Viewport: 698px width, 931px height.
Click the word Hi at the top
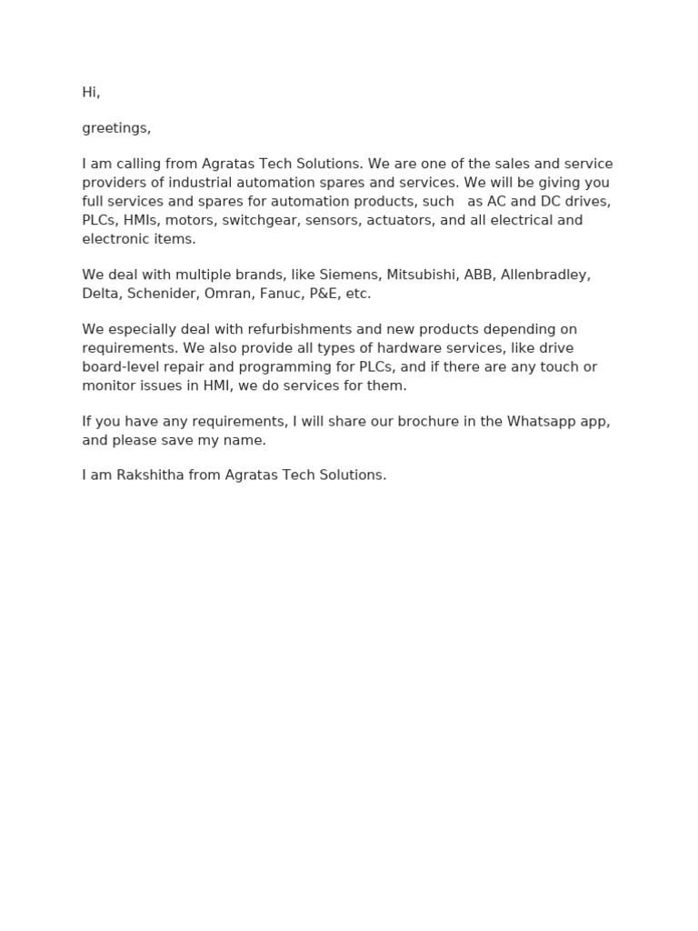tap(90, 93)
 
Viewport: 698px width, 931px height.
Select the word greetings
tap(115, 128)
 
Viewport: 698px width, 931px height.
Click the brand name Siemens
tap(348, 275)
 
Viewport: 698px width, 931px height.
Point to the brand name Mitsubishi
tap(422, 275)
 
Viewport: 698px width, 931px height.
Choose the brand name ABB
tap(478, 275)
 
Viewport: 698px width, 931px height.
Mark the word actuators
tap(399, 220)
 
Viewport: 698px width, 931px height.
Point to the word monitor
tap(108, 385)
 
